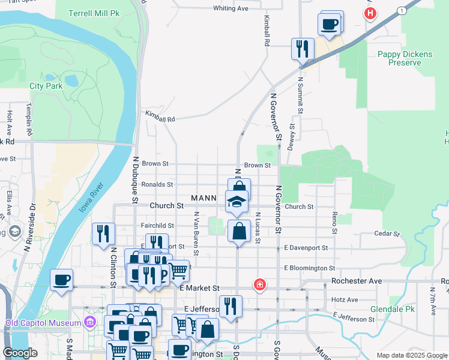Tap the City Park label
click(46, 86)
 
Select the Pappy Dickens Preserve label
click(405, 58)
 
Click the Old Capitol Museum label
click(43, 323)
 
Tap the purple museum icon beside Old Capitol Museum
click(89, 323)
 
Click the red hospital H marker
click(371, 13)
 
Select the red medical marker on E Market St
click(259, 284)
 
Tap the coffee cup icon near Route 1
click(330, 25)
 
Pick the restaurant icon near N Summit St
click(303, 48)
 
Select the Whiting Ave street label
click(231, 8)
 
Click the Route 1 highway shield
click(400, 11)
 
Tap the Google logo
click(20, 353)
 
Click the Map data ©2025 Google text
click(411, 355)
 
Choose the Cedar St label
click(387, 233)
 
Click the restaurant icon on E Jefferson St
click(231, 306)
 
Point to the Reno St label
click(334, 223)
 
